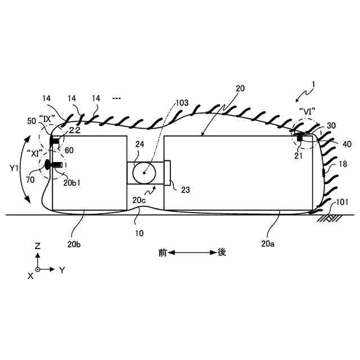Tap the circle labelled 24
(144, 173)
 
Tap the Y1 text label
(14, 167)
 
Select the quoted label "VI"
(307, 111)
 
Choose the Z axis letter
(37, 246)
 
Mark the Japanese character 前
(163, 253)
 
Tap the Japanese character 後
(222, 253)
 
